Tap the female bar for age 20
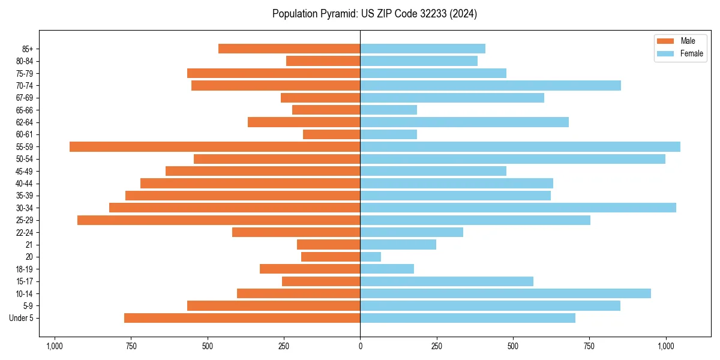(x=370, y=257)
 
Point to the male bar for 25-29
(x=218, y=220)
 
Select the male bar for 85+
(x=289, y=49)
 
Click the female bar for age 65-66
(x=388, y=110)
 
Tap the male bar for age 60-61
(x=331, y=134)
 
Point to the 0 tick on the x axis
(x=360, y=346)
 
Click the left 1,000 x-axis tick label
(x=55, y=346)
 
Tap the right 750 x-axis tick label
(x=589, y=346)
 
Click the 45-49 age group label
(x=25, y=172)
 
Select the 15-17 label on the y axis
(x=25, y=281)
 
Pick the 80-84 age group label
(x=25, y=61)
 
